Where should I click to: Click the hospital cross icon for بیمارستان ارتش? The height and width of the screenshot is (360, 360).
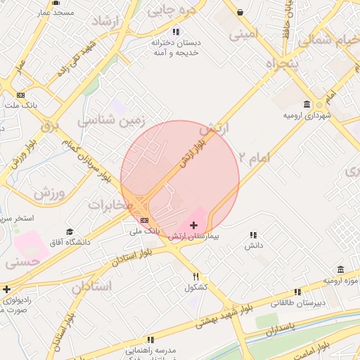pyautogui.click(x=194, y=225)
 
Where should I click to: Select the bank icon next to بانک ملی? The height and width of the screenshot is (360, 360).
pyautogui.click(x=144, y=221)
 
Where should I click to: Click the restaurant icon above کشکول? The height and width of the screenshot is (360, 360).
pyautogui.click(x=197, y=276)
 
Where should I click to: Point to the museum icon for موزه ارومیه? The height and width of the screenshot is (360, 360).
pyautogui.click(x=340, y=270)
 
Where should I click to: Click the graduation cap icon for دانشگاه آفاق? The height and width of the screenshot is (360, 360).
pyautogui.click(x=69, y=232)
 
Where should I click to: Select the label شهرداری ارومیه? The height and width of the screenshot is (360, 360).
pyautogui.click(x=307, y=114)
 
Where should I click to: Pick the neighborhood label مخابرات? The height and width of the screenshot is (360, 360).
pyautogui.click(x=110, y=204)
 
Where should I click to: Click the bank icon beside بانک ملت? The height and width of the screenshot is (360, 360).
pyautogui.click(x=21, y=95)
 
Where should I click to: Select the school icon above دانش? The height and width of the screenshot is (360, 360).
pyautogui.click(x=253, y=235)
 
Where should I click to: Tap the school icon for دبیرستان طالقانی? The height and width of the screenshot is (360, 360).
pyautogui.click(x=297, y=291)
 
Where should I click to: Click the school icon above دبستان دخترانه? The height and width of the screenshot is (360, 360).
pyautogui.click(x=176, y=32)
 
